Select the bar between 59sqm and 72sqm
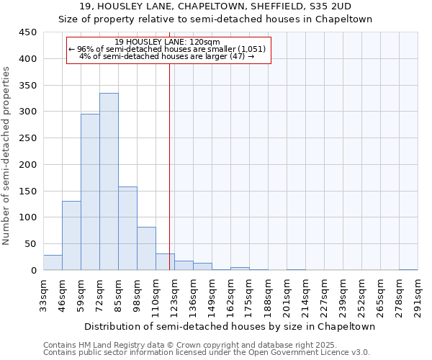click(x=90, y=192)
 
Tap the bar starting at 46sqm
click(x=71, y=235)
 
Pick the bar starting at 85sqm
click(x=127, y=228)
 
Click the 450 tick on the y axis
click(x=28, y=32)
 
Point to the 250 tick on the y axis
click(x=28, y=138)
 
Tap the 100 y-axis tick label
click(x=28, y=217)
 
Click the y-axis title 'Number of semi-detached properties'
click(x=7, y=155)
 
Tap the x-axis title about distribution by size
click(x=230, y=326)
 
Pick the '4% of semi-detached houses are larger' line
click(x=167, y=56)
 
